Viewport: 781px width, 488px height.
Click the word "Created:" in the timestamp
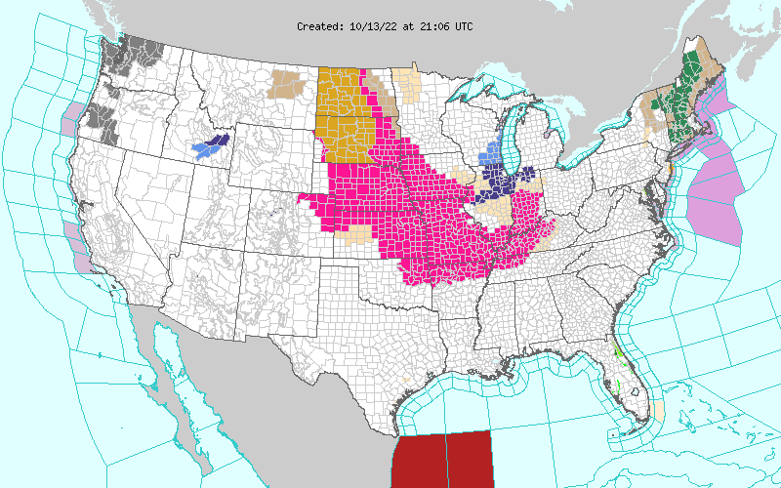[320, 26]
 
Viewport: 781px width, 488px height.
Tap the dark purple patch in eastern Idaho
[217, 142]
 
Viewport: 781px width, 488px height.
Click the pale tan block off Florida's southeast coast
[657, 409]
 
